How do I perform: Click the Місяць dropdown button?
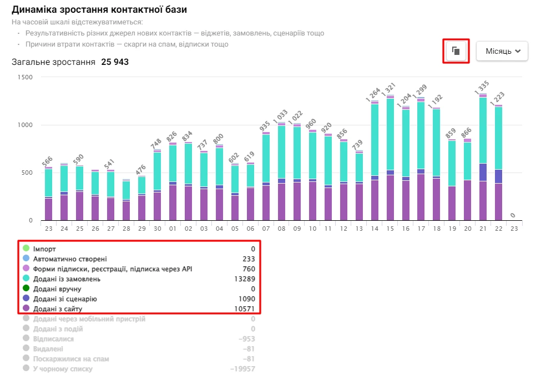point(502,51)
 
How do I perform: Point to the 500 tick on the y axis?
point(27,173)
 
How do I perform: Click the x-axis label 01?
point(173,228)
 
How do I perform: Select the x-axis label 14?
point(375,228)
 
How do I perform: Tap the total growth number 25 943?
point(115,62)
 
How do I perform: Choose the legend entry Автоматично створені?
point(70,259)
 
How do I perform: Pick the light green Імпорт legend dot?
point(26,249)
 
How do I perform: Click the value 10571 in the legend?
point(245,309)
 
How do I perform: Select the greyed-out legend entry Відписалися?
point(53,339)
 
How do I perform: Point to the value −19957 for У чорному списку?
point(242,369)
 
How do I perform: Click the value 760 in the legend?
point(249,269)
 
